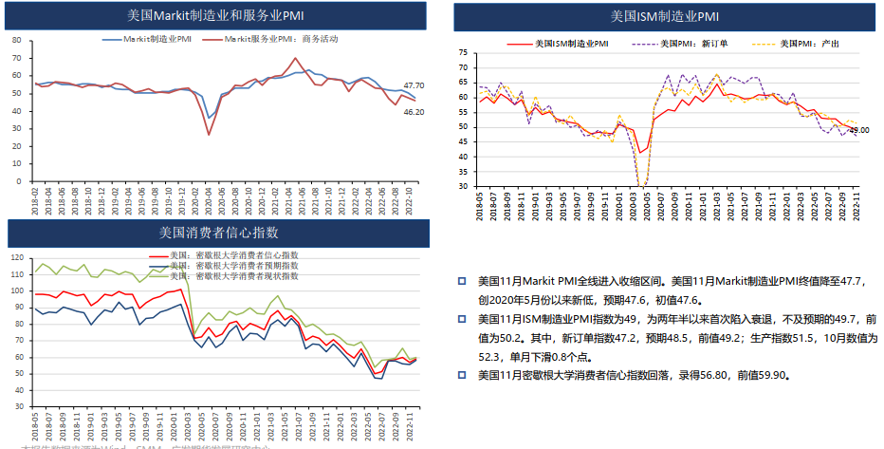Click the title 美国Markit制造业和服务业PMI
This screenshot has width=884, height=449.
pyautogui.click(x=217, y=16)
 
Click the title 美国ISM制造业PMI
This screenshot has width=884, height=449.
pyautogui.click(x=664, y=16)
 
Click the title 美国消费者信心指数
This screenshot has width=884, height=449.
pyautogui.click(x=217, y=232)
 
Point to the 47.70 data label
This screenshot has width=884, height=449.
pyautogui.click(x=414, y=85)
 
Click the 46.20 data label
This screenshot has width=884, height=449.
pyautogui.click(x=414, y=112)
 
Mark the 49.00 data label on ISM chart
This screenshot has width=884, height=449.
pyautogui.click(x=858, y=130)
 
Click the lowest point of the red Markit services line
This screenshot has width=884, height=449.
pyautogui.click(x=209, y=135)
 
